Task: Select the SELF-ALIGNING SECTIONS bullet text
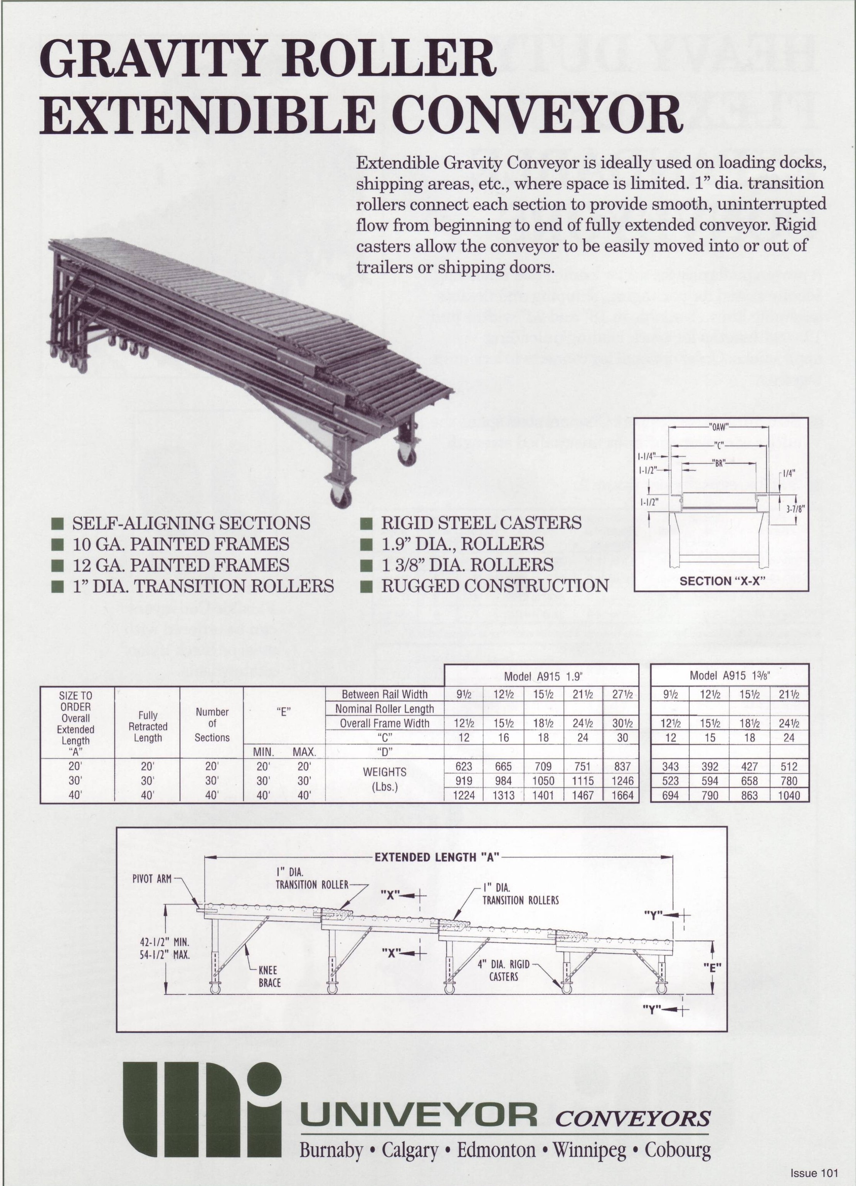(191, 523)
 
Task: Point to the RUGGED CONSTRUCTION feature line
(494, 586)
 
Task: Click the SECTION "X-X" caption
(721, 580)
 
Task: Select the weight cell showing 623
(464, 767)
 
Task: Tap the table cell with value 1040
(789, 796)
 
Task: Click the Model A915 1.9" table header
(541, 676)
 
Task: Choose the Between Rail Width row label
(384, 695)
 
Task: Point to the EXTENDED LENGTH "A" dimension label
(437, 857)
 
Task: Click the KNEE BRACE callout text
(270, 976)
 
